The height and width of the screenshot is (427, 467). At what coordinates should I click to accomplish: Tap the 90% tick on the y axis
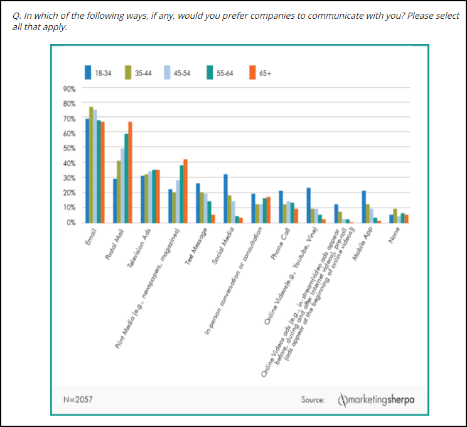69,88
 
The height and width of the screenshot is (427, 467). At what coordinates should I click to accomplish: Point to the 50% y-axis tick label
69,148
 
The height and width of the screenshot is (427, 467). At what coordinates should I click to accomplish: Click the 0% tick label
70,222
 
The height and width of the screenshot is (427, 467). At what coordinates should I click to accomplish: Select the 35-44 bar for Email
91,165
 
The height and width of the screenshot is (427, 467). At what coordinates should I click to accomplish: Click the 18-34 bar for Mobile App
363,206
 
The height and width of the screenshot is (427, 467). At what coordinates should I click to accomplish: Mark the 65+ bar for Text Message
213,218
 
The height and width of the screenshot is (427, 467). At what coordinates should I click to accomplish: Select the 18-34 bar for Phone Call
281,206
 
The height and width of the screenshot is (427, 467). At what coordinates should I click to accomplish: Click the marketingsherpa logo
377,399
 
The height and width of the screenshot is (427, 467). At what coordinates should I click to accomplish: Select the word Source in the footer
313,399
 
